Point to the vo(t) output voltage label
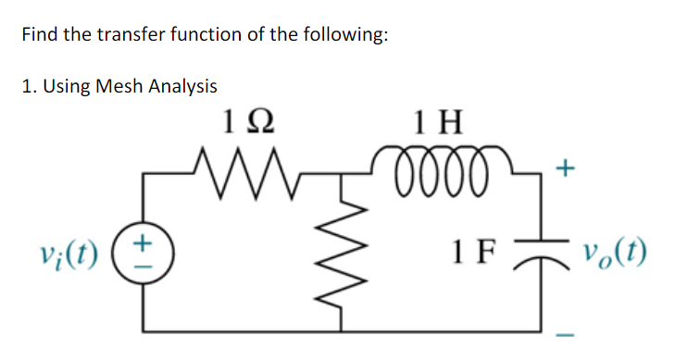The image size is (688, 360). point(616,250)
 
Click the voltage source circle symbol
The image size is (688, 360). point(144,251)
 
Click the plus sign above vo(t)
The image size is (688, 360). point(567,169)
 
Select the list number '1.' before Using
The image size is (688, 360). point(27,88)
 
